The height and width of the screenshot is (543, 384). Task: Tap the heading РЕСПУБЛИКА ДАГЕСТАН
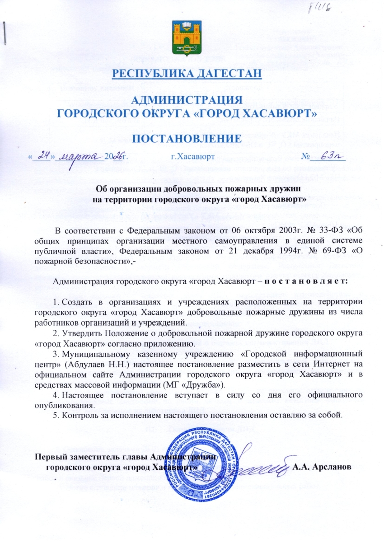187,74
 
